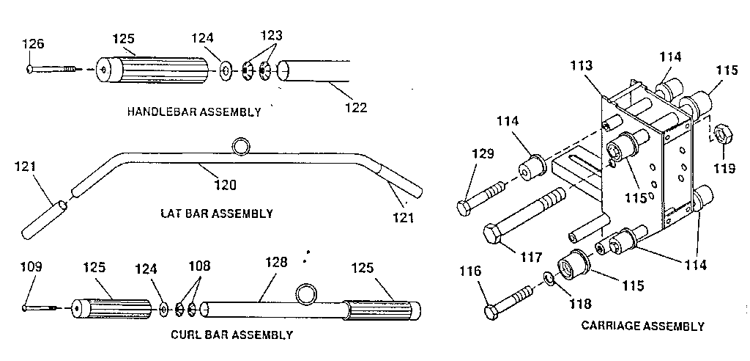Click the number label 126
(33, 44)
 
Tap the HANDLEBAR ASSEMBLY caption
(193, 112)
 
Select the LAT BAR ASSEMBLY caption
(216, 214)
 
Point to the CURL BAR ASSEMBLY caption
(231, 335)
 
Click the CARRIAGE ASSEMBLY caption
(642, 326)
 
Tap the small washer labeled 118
(549, 278)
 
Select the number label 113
(584, 67)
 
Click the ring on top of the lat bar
(241, 147)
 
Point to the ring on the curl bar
(307, 294)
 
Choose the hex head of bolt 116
(491, 312)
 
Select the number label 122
(356, 107)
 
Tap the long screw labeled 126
(56, 70)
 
